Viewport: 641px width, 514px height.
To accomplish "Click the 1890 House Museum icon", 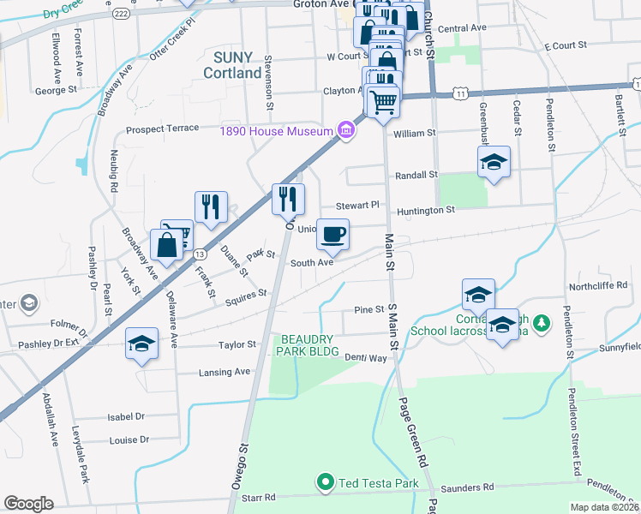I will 345,130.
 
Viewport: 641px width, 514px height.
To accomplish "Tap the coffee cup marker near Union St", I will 332,233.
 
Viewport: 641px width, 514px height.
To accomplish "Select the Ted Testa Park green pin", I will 325,483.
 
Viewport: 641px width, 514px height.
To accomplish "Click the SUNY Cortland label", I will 232,65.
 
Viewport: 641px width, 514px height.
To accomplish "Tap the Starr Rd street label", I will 258,497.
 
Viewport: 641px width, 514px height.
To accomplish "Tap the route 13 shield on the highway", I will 199,254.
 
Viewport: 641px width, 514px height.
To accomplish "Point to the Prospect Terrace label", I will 162,129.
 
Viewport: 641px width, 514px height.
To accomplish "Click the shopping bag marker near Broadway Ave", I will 166,245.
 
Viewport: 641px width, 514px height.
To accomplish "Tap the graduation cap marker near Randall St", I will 493,163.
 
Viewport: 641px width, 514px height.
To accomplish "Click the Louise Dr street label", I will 130,440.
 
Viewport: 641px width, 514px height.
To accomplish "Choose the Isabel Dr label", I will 128,416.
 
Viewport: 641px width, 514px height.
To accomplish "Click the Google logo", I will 28,504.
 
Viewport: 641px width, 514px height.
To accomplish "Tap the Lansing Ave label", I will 225,372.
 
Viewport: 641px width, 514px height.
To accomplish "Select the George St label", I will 57,89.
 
